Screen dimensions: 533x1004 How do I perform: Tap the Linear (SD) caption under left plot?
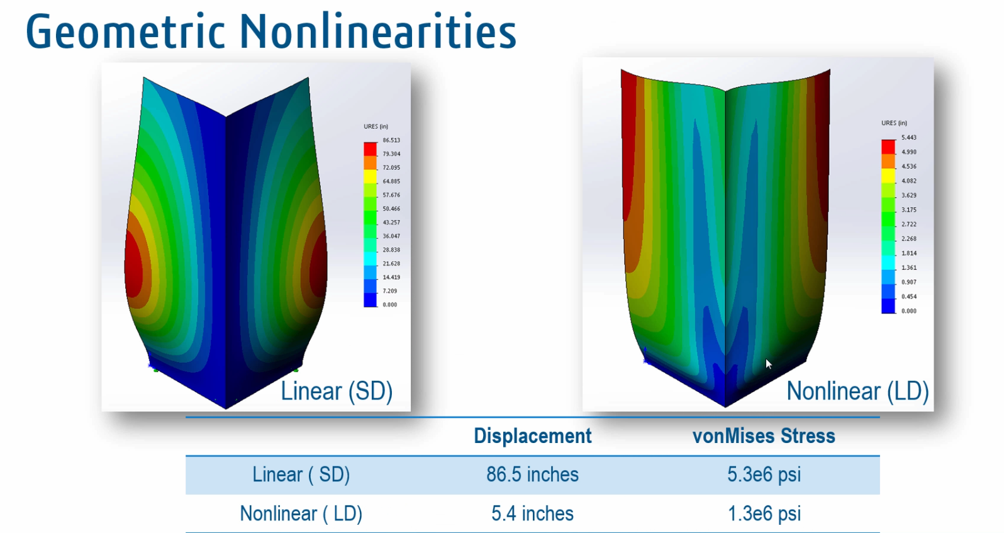pos(336,391)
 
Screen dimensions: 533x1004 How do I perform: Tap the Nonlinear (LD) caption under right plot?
pos(857,391)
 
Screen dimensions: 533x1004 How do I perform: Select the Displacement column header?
pos(532,435)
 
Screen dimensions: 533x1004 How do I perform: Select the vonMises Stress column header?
pos(764,435)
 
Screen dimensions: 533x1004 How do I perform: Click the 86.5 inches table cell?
pos(532,474)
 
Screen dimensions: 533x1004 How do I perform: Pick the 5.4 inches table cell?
pos(532,513)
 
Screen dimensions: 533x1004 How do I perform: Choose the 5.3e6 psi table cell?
pos(764,474)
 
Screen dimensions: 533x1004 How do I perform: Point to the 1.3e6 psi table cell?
pos(764,513)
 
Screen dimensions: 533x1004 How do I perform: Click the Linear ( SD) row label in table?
pos(301,474)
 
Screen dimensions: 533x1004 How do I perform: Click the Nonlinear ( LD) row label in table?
pos(301,513)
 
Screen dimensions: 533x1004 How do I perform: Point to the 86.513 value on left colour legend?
pos(391,140)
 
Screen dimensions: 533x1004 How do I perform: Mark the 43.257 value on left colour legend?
pos(391,222)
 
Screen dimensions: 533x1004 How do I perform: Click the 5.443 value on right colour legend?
pos(908,137)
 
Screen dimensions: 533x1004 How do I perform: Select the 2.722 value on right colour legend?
pos(908,224)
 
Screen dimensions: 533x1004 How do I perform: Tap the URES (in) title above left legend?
pos(376,126)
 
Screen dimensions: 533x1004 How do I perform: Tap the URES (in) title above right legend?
pos(894,123)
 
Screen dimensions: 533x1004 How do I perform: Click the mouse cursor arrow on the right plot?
pos(768,363)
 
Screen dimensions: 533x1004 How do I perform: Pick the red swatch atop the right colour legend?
pos(888,146)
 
